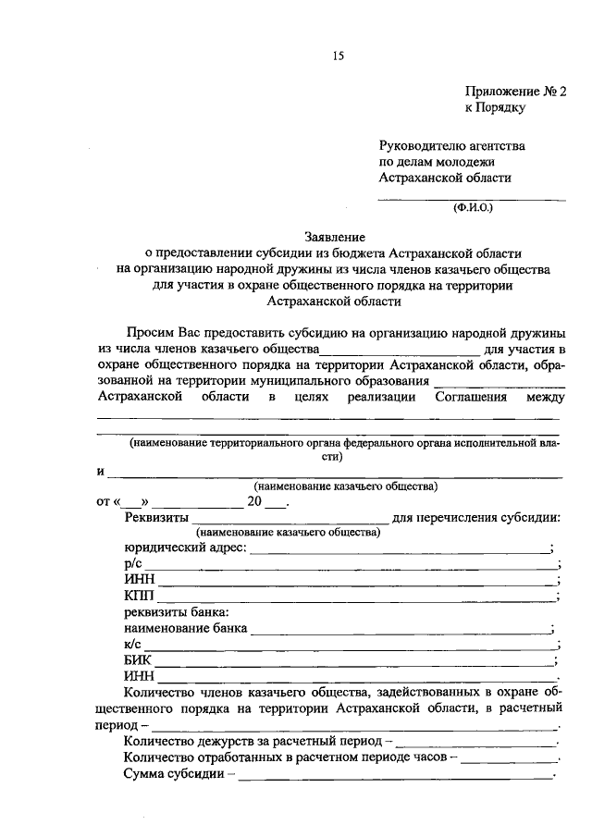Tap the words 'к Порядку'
click(x=495, y=108)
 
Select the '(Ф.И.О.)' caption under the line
click(x=474, y=208)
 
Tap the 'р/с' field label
click(x=132, y=565)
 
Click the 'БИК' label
click(x=138, y=660)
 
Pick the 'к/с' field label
click(x=132, y=645)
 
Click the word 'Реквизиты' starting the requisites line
click(x=156, y=517)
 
